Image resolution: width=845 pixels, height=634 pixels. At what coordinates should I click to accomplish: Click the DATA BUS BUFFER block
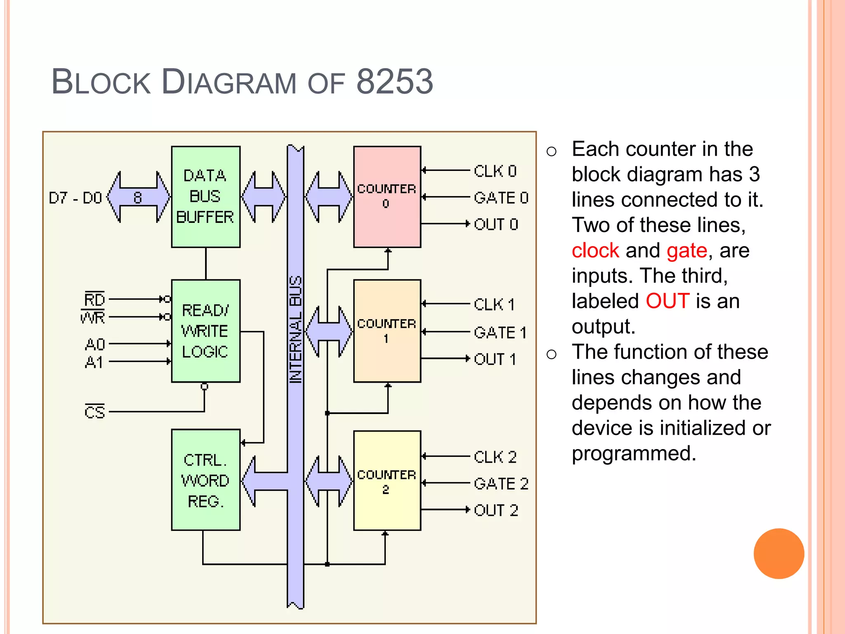point(205,197)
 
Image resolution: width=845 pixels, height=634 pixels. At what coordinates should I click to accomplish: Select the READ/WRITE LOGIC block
point(205,331)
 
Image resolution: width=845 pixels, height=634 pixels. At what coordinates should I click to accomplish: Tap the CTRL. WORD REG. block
point(205,480)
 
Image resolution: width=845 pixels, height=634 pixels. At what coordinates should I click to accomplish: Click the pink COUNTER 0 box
point(387,197)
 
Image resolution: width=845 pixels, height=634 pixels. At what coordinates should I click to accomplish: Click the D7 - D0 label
point(75,198)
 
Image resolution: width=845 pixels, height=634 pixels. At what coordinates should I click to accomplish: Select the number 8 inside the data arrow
point(138,198)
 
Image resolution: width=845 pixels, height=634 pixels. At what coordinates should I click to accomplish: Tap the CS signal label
point(94,412)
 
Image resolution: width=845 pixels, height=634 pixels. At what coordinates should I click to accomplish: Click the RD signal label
point(94,299)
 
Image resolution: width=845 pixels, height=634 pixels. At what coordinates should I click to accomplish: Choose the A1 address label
point(94,362)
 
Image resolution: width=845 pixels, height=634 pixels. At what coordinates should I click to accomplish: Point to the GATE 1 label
point(500,333)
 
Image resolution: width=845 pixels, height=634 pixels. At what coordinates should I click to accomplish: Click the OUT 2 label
point(496,511)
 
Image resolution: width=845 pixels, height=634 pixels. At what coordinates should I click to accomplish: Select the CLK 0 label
point(495,171)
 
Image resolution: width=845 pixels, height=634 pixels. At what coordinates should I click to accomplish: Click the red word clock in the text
point(595,251)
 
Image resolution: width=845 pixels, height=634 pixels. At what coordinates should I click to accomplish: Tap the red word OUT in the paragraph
point(667,301)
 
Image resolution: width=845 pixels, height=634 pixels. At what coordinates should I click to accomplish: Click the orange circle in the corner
point(779,554)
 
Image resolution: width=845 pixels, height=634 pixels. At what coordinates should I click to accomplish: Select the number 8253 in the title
point(394,81)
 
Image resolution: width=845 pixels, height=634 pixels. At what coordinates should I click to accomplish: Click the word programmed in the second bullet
point(634,454)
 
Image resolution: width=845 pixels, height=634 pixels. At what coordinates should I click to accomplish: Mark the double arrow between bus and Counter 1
point(329,331)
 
